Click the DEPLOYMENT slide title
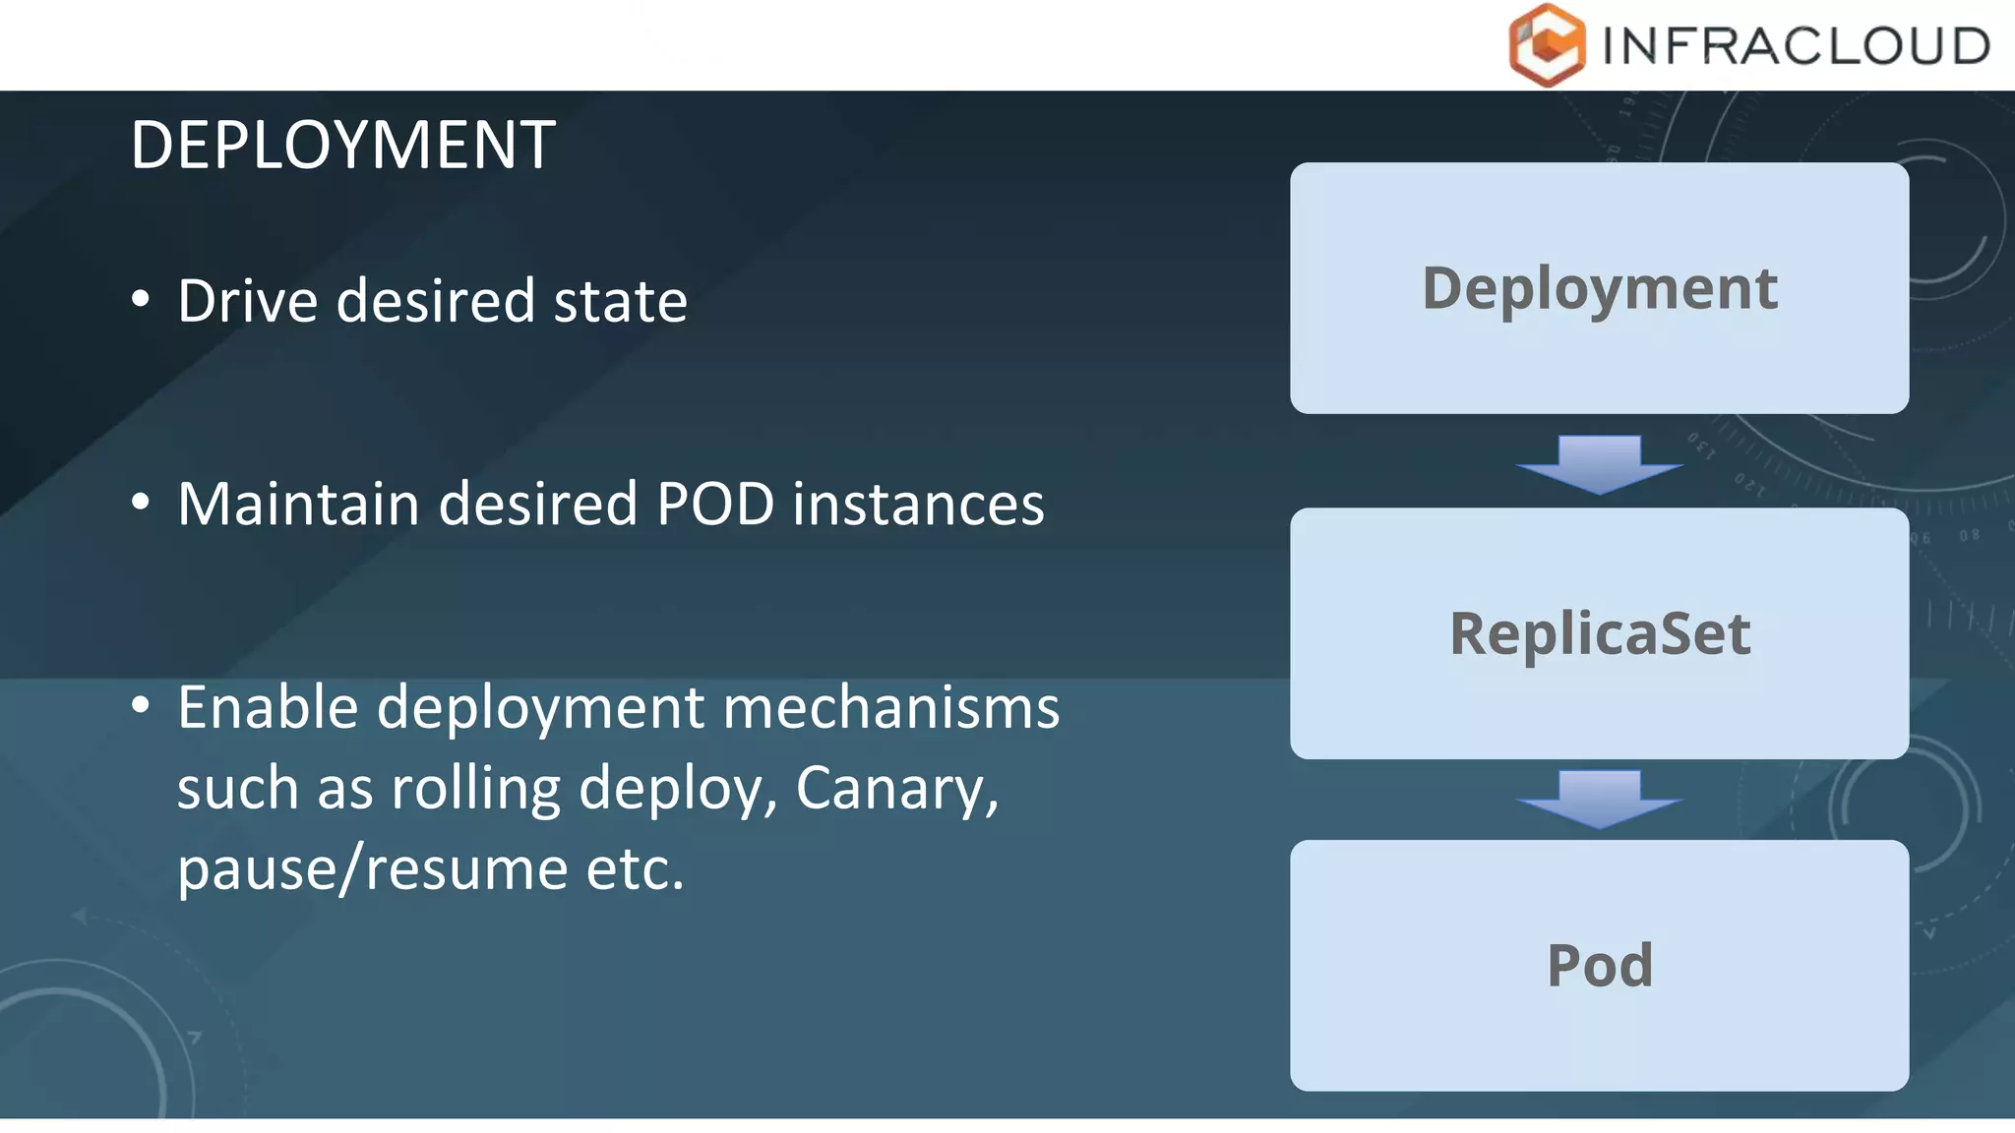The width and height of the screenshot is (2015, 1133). pos(342,146)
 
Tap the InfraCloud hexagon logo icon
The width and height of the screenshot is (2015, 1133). pos(1547,45)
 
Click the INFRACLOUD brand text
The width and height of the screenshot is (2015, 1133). pos(1796,46)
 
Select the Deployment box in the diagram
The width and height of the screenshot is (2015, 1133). pos(1599,288)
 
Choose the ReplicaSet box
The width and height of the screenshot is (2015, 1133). pos(1599,633)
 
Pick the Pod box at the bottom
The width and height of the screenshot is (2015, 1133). pos(1599,965)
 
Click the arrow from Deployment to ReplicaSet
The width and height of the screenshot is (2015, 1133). pos(1600,463)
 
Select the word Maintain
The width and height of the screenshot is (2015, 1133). pos(299,505)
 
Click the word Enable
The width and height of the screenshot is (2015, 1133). pos(269,708)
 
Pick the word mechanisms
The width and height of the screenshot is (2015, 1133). pos(891,708)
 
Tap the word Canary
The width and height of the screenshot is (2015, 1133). pos(896,789)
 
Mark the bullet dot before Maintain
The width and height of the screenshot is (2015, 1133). pos(141,503)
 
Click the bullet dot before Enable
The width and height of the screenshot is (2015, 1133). pos(141,705)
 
